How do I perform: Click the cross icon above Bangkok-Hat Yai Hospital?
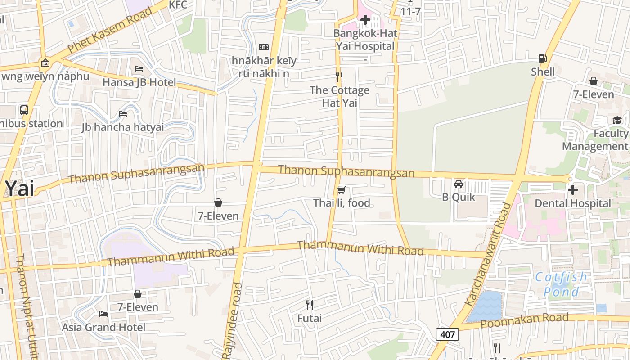pos(365,20)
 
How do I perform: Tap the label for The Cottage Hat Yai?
pos(339,96)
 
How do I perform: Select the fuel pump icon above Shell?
pos(542,58)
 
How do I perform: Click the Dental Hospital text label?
pos(572,203)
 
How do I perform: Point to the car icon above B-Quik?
pos(459,184)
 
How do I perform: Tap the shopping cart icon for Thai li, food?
pos(342,190)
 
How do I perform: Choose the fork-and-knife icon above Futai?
pos(310,305)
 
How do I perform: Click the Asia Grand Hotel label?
pos(103,327)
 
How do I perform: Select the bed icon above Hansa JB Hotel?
pos(139,69)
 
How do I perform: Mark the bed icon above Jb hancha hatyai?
pos(123,113)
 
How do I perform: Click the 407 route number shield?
pos(447,334)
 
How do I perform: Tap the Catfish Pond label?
pos(561,284)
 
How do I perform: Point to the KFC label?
pos(177,5)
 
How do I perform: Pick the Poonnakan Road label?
pos(524,321)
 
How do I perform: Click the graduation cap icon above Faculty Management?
pos(616,120)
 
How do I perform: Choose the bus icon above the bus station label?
pos(24,110)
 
